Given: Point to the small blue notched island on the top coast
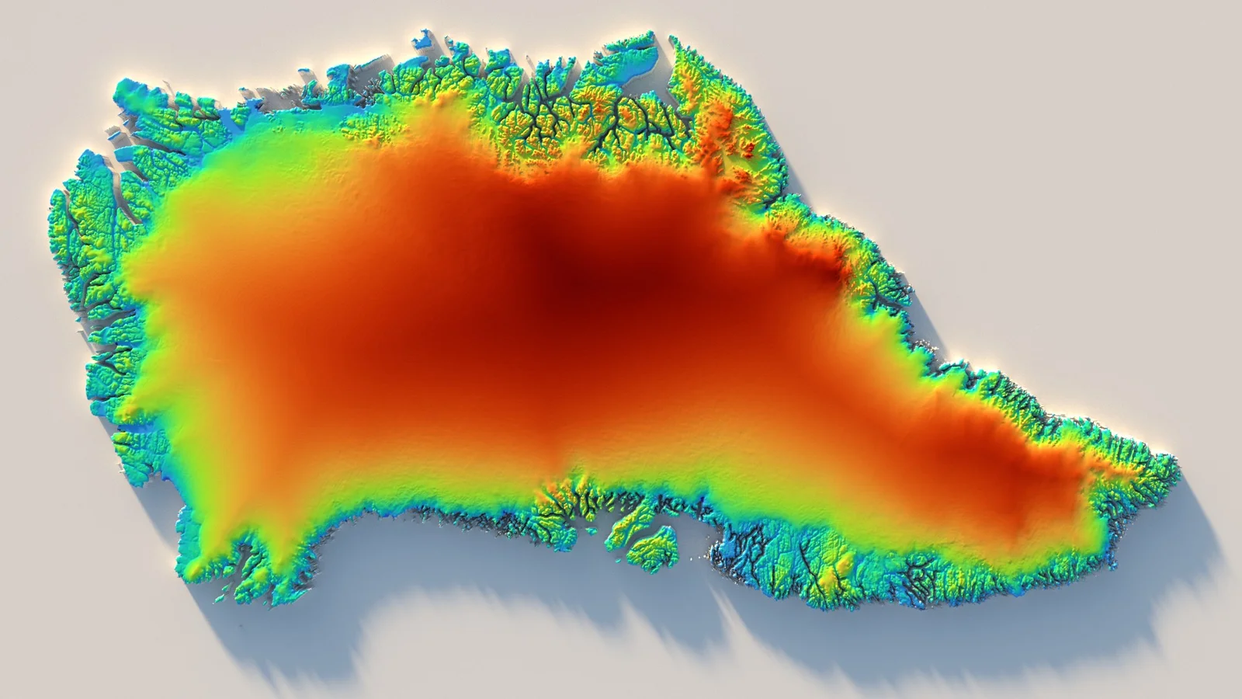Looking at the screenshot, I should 424,39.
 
